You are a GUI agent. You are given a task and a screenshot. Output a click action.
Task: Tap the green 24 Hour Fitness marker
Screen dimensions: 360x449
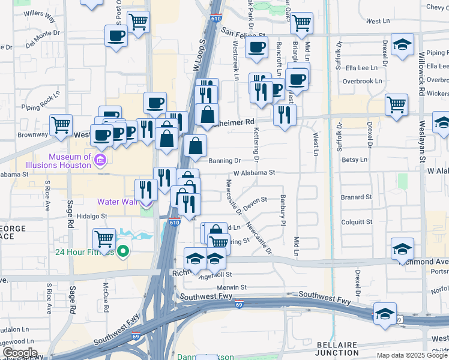pyautogui.click(x=124, y=251)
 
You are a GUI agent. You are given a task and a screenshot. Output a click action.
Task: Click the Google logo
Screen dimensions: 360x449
pyautogui.click(x=19, y=353)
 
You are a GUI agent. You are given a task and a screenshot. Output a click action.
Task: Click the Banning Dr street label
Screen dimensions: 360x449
pyautogui.click(x=224, y=161)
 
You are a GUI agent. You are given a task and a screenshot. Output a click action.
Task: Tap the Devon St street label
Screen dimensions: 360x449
pyautogui.click(x=255, y=200)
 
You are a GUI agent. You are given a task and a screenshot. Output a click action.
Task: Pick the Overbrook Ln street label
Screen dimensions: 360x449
pyautogui.click(x=363, y=81)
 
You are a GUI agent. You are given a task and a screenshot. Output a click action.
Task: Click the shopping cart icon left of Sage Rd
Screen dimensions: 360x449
pyautogui.click(x=61, y=125)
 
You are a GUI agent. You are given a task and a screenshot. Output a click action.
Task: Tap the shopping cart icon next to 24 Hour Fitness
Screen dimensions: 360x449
pyautogui.click(x=105, y=239)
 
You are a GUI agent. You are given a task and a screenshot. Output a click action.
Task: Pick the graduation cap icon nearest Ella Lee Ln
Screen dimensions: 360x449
pyautogui.click(x=402, y=44)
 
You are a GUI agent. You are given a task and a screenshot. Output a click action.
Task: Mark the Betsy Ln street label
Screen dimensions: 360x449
pyautogui.click(x=354, y=160)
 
